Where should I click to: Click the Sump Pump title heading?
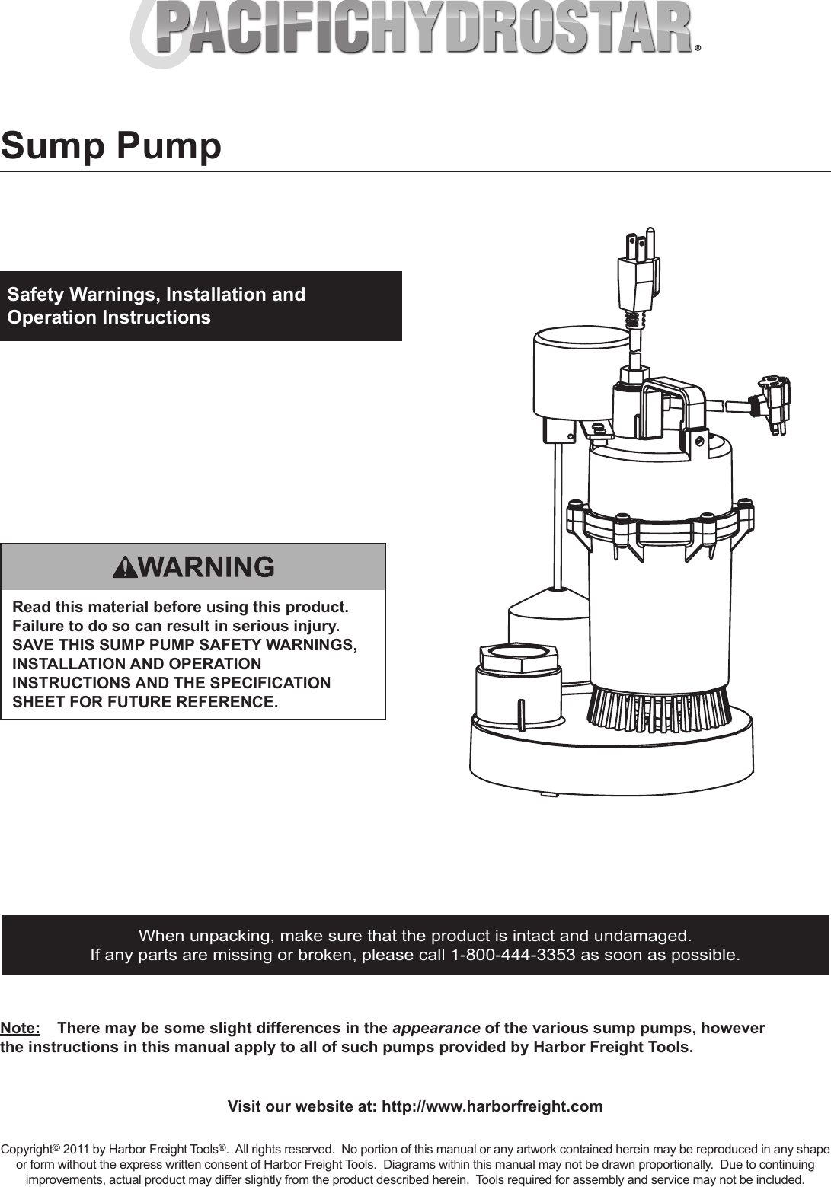[111, 145]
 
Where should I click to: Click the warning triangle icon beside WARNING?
[122, 567]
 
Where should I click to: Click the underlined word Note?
[21, 1029]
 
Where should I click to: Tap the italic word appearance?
[436, 1029]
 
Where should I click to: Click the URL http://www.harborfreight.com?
[491, 1106]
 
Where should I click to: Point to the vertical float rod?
[559, 518]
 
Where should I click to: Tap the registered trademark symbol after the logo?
[698, 47]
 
